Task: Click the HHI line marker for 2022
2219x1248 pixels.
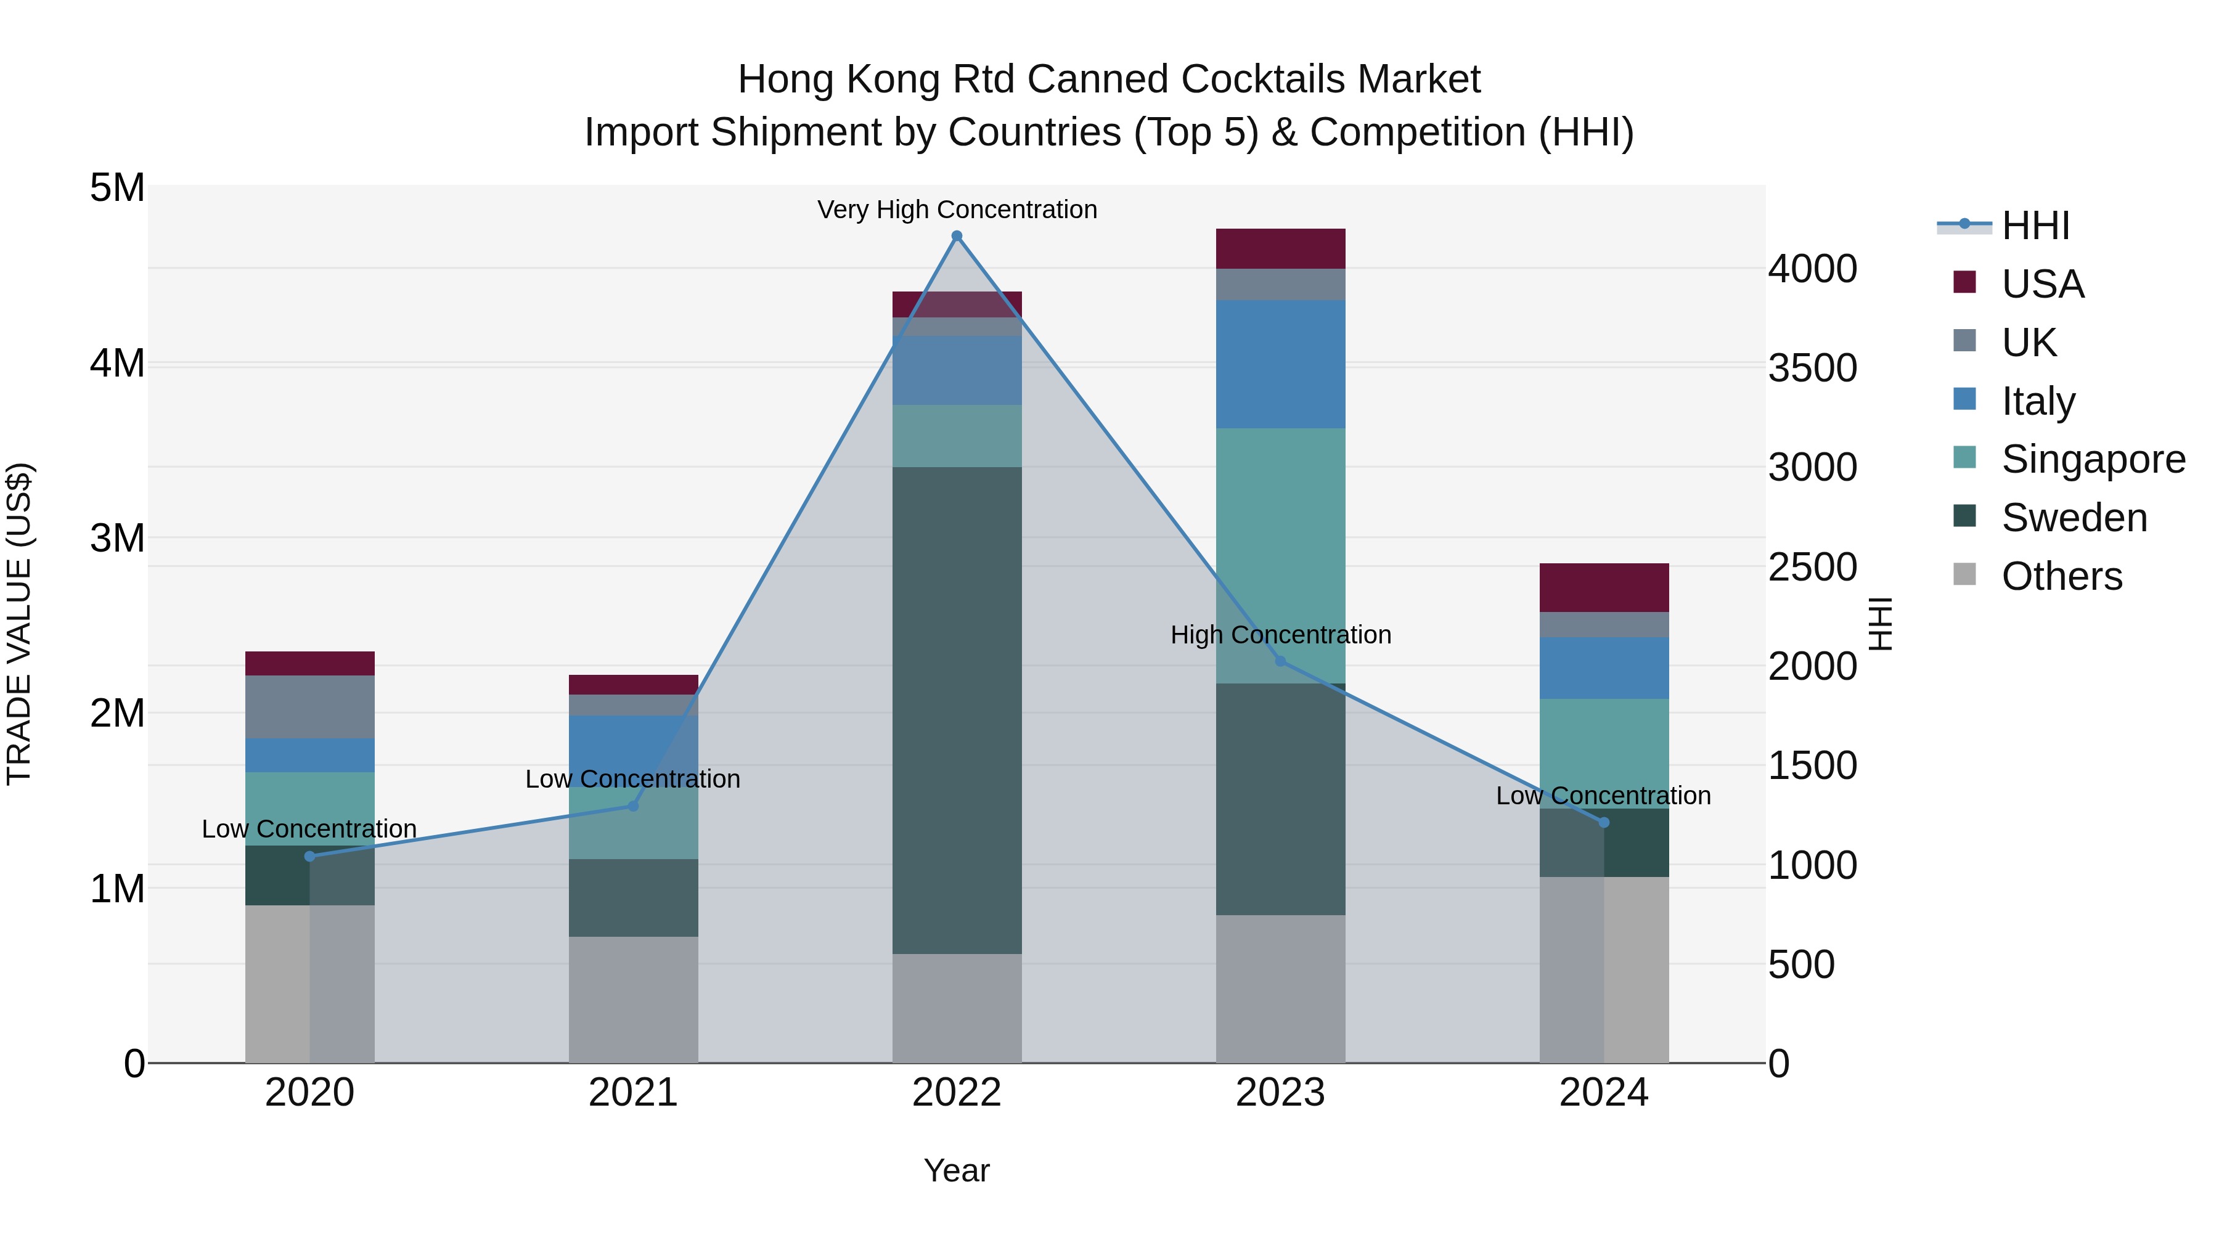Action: click(956, 236)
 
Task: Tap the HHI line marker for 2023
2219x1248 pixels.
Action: click(1280, 661)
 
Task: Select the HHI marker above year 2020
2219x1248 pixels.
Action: click(310, 856)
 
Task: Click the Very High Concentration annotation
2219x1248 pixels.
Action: click(956, 210)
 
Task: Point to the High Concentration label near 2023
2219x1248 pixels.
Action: click(1280, 635)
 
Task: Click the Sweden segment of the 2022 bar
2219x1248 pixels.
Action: click(956, 711)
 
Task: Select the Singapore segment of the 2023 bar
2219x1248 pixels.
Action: click(1280, 555)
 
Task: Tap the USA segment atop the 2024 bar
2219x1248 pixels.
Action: click(1604, 587)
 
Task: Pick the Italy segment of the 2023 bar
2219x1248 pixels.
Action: click(1280, 364)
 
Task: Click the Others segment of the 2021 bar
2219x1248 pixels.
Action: click(633, 999)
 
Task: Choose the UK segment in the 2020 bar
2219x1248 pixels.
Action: click(310, 706)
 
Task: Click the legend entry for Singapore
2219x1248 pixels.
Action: click(2093, 459)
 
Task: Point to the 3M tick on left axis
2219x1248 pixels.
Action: click(117, 538)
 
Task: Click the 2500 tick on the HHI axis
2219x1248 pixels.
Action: click(1812, 567)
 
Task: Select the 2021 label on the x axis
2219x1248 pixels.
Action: click(633, 1093)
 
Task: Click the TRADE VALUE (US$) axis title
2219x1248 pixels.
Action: click(19, 624)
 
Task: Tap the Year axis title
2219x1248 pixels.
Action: click(956, 1170)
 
